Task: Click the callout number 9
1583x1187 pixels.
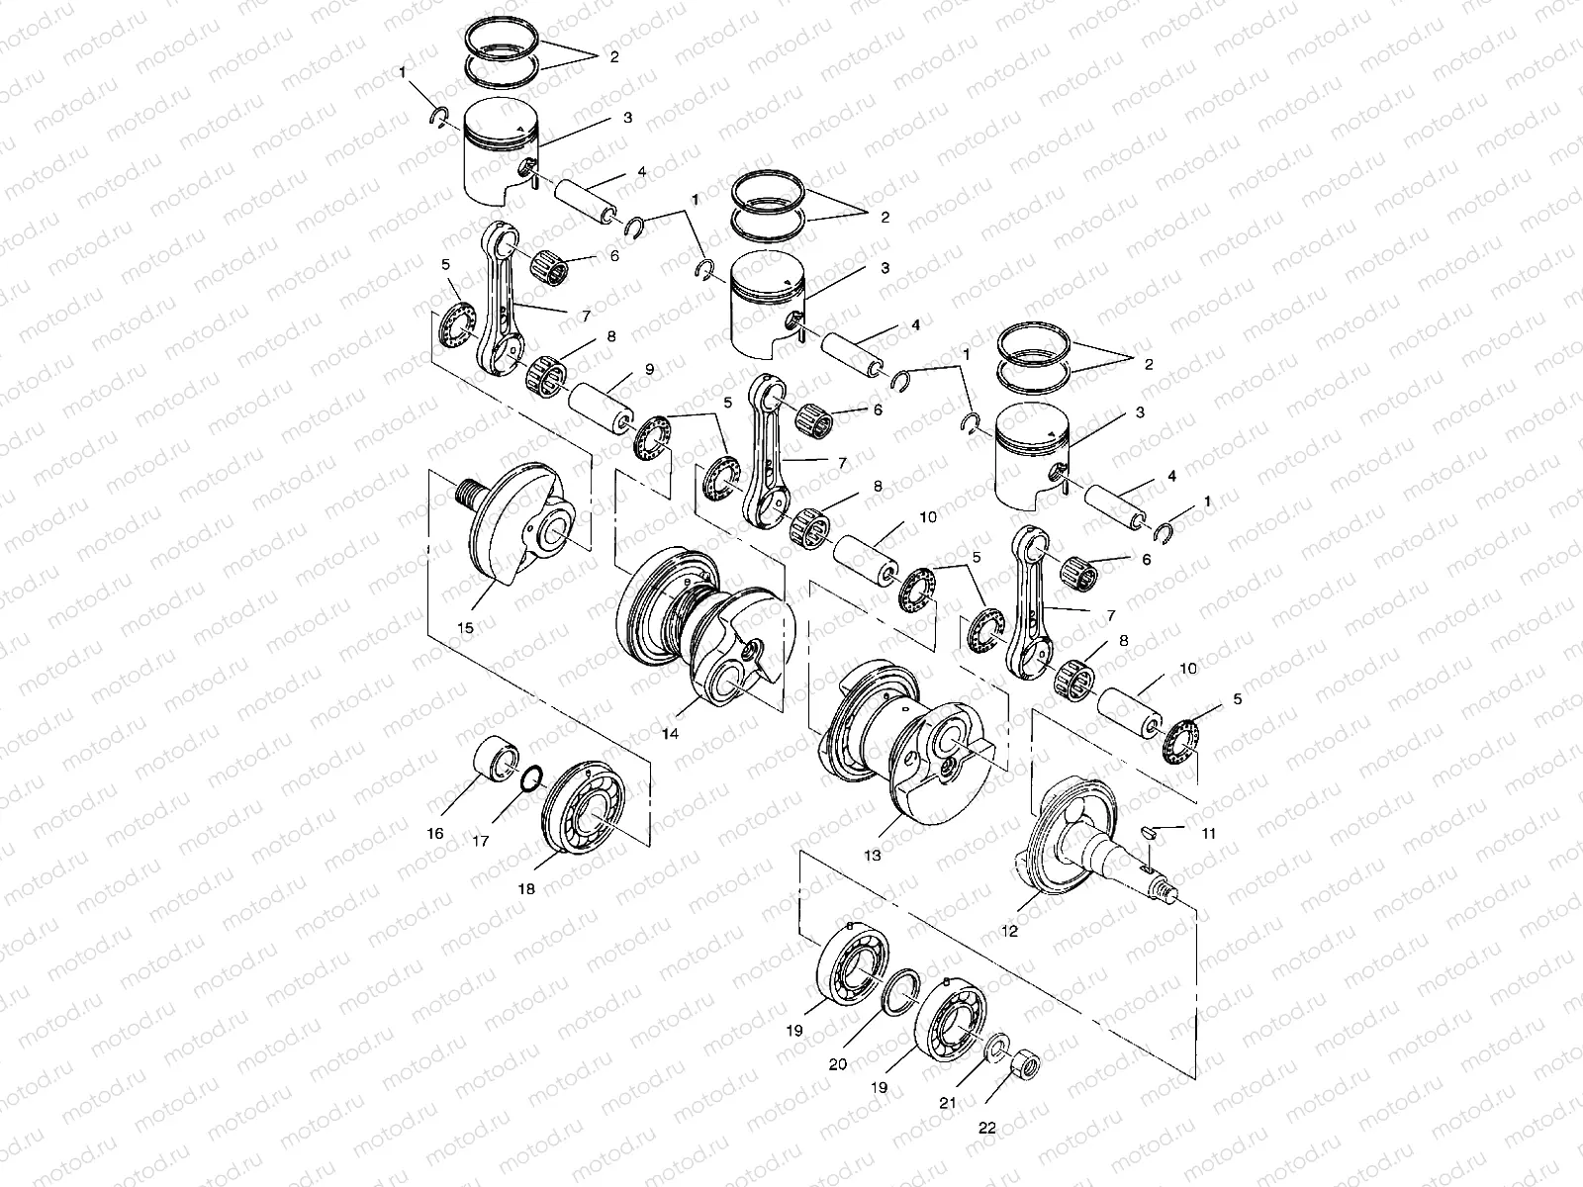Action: (649, 369)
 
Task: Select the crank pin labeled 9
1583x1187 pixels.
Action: (599, 408)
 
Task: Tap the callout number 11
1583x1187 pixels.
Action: (1209, 833)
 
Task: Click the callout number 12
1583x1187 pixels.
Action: (1009, 931)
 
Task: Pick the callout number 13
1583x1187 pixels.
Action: (872, 855)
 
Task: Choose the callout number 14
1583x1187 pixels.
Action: (698, 735)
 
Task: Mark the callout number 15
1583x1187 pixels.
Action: (465, 627)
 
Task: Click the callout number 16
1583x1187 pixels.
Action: (436, 833)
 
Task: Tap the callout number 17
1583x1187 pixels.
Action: (481, 842)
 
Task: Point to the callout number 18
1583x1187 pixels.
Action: (526, 889)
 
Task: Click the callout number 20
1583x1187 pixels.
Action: (838, 1064)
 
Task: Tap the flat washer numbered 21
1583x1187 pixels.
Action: (997, 1043)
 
